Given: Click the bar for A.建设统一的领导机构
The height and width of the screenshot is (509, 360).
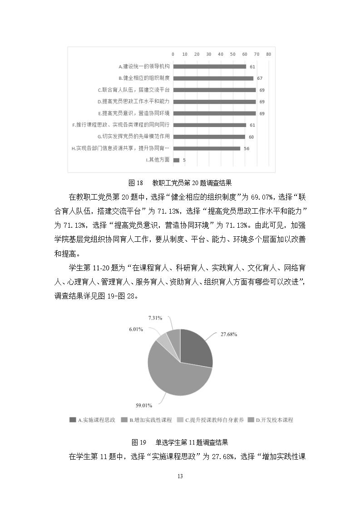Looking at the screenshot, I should pos(209,67).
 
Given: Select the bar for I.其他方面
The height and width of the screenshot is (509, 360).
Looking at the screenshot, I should pos(176,160).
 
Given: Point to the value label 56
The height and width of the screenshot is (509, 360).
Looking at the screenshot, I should pos(247,148).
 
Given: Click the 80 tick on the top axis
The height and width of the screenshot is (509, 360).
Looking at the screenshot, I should pos(268,54).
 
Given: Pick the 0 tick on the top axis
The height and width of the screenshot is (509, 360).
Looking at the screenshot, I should pos(173,54).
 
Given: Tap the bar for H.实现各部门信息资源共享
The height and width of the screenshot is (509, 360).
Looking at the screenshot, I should pos(207,148).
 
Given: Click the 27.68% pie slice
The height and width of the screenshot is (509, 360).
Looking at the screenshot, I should pos(195,349).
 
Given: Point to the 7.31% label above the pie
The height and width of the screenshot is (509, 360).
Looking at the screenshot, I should pos(155,318).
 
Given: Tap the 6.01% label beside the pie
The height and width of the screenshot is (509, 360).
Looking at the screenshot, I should pos(137,329).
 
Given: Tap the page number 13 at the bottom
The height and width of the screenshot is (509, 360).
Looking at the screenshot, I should pos(180,476).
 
